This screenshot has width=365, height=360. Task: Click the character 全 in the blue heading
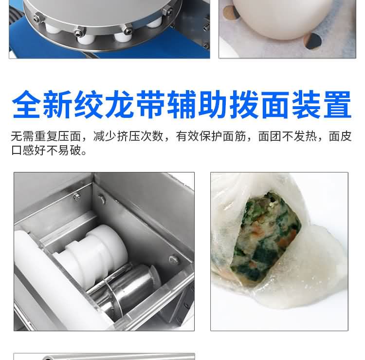point(26,104)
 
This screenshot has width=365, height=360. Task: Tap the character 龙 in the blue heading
point(119,104)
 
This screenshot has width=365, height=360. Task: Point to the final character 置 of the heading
point(337,104)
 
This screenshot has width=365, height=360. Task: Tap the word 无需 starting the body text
point(22,136)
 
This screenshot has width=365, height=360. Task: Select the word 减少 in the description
point(105,136)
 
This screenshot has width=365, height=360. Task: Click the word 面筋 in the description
point(234,136)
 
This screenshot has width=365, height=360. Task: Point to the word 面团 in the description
point(270,136)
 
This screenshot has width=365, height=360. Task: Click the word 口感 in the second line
point(22,151)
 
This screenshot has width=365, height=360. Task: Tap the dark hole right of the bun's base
point(313,41)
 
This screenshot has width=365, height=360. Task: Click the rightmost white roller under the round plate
point(154,22)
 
